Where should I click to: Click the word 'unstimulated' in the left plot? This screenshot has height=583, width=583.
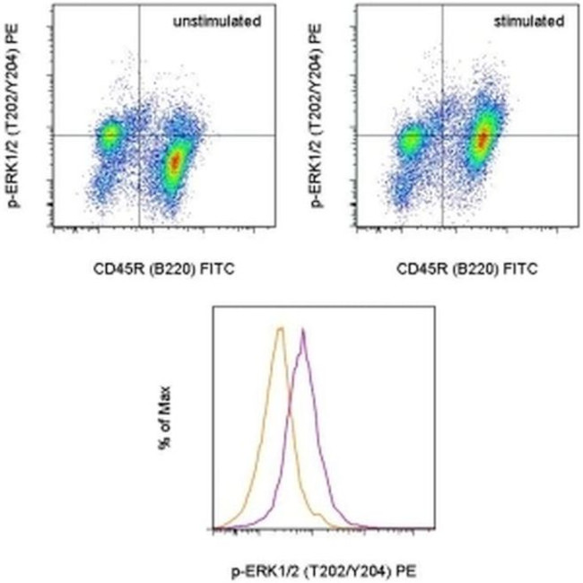(218, 20)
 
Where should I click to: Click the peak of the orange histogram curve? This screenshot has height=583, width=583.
(282, 328)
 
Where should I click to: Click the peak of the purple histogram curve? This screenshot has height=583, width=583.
(305, 331)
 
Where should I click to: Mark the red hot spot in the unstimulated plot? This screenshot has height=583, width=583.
(176, 161)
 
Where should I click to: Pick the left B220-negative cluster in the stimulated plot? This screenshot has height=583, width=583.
(413, 140)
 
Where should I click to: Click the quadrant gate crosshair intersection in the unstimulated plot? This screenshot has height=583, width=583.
(140, 135)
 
